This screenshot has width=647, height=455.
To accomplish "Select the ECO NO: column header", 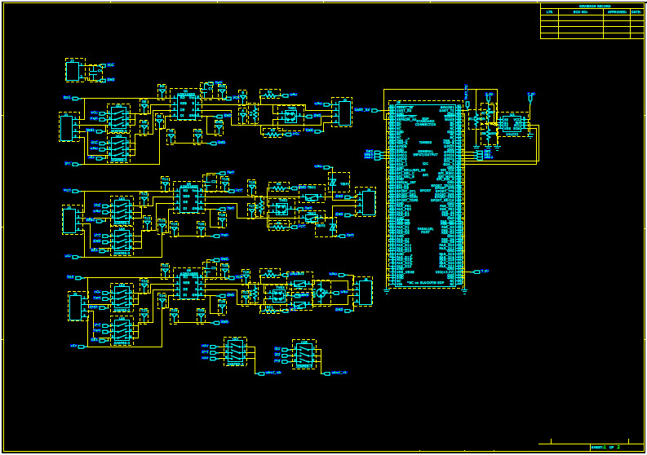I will pyautogui.click(x=581, y=12).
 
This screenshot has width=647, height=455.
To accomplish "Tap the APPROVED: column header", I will pyautogui.click(x=617, y=12).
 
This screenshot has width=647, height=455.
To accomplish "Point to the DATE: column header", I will pyautogui.click(x=637, y=12).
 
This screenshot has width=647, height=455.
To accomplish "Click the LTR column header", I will pyautogui.click(x=549, y=12).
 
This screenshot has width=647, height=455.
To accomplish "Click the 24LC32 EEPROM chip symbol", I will pyautogui.click(x=512, y=124).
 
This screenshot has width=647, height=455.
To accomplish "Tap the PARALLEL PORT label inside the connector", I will pyautogui.click(x=424, y=232).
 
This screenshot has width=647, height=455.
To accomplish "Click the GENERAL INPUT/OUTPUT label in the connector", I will pyautogui.click(x=424, y=152).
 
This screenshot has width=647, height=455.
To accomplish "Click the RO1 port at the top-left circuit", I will pyautogui.click(x=68, y=98).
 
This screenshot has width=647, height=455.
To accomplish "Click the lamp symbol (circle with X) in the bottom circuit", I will pyautogui.click(x=321, y=292).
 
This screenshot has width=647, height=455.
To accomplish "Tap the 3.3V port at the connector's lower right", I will pyautogui.click(x=485, y=270).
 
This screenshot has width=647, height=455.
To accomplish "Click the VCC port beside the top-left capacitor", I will pyautogui.click(x=110, y=65).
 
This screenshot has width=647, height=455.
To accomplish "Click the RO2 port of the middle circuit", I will pyautogui.click(x=68, y=190).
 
